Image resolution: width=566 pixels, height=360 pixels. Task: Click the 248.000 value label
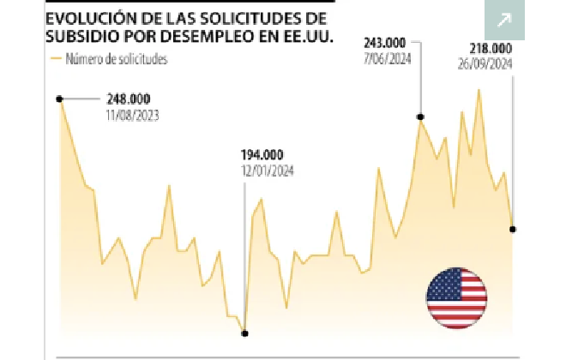(127, 99)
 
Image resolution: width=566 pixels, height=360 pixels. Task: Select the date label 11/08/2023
(133, 114)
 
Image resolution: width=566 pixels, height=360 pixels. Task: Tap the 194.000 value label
(262, 154)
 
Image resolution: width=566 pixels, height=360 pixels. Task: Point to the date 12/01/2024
(268, 171)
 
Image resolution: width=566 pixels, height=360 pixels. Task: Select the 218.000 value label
(491, 49)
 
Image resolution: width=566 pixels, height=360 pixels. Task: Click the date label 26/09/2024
(485, 63)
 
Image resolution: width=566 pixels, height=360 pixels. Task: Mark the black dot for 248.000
(59, 99)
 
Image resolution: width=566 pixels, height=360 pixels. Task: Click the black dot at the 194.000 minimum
(244, 333)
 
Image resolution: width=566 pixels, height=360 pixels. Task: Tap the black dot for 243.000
(420, 117)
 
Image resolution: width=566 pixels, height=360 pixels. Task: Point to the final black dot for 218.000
(513, 229)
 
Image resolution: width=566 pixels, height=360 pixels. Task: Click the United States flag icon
(456, 297)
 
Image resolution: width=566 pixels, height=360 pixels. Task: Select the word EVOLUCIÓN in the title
(92, 18)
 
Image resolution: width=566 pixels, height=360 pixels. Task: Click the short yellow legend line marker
(57, 59)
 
